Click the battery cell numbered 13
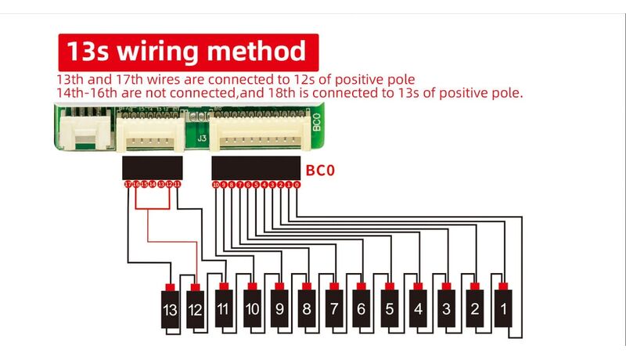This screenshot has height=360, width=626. coord(170,310)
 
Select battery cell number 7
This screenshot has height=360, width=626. coord(334,308)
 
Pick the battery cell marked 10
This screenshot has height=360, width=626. coord(251,308)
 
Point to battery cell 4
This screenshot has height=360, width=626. coord(418,308)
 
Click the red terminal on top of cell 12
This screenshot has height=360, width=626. coord(196,286)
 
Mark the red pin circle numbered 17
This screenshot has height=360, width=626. coord(128,185)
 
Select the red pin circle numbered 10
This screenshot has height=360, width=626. coord(216,185)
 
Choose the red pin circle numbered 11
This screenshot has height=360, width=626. coord(178,185)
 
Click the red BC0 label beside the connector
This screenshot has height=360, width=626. coord(319,167)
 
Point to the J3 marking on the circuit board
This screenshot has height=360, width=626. coord(201,138)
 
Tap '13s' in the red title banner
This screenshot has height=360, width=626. coord(90,52)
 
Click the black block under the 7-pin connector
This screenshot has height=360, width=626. coord(153,167)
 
